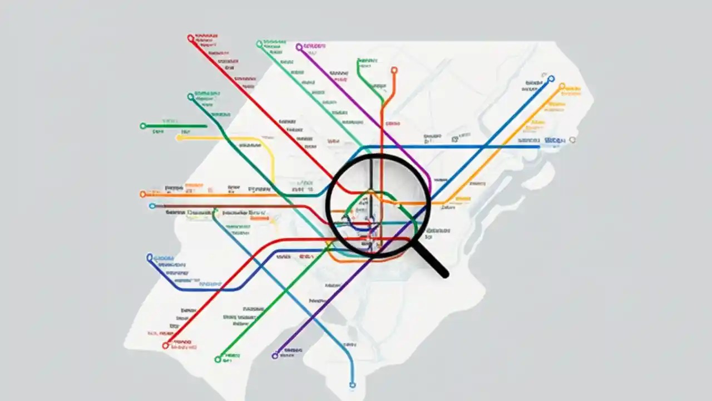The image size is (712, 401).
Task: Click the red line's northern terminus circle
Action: tap(191, 38)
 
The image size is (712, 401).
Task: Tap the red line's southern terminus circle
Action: tap(165, 345)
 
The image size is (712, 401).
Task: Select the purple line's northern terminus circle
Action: tap(299, 47)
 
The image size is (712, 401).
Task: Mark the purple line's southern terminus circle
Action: tap(275, 355)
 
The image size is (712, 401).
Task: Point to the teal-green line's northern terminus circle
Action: tap(259, 43)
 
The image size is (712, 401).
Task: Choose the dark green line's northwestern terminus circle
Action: tap(191, 97)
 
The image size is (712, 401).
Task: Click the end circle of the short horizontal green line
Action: tap(143, 126)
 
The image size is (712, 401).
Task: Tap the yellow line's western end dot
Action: tap(179, 138)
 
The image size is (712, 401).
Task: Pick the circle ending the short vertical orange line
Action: tap(394, 70)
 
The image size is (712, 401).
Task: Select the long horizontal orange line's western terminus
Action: tap(142, 194)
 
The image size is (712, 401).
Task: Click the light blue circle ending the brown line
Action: tap(152, 206)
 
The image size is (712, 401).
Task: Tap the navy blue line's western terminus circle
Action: tap(149, 257)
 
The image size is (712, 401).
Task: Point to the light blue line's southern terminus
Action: tap(352, 384)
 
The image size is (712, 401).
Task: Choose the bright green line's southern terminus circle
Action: tap(218, 359)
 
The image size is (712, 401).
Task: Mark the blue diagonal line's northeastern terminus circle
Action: tap(551, 79)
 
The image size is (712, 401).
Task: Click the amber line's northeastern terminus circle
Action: tap(562, 87)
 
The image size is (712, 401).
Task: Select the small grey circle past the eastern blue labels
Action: tap(572, 140)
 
